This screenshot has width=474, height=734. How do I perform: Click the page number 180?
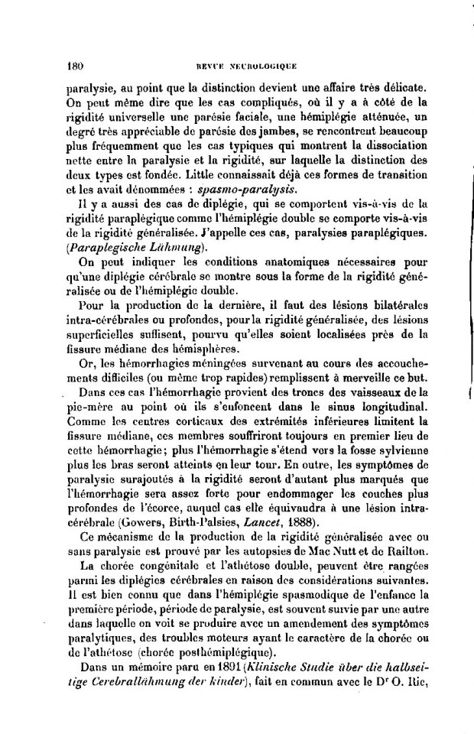point(75,65)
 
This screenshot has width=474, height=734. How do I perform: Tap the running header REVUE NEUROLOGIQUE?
point(237,66)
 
